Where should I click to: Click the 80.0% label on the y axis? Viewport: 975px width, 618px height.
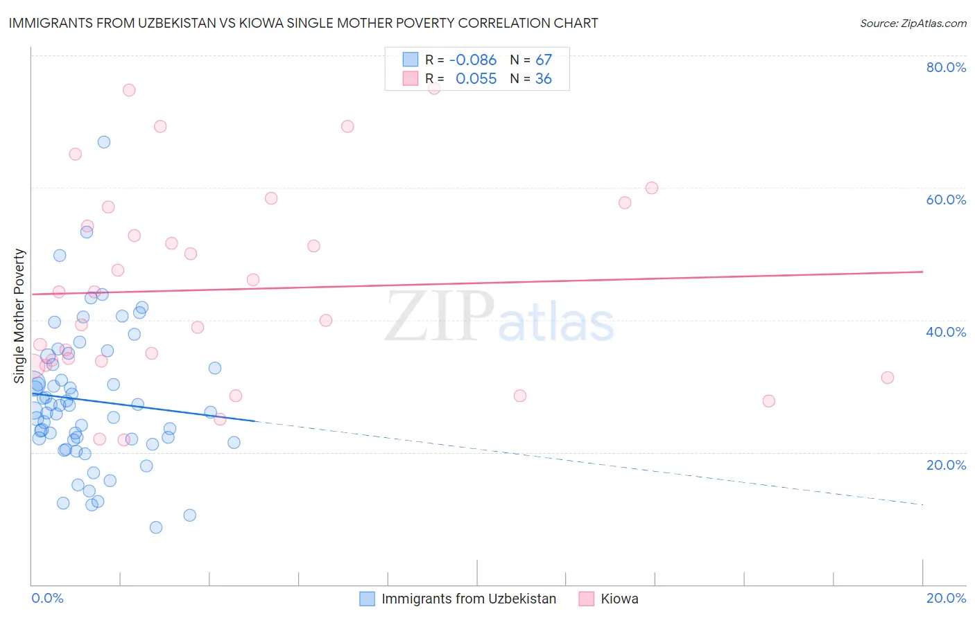coord(946,67)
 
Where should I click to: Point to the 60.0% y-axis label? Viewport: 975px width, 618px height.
coord(946,200)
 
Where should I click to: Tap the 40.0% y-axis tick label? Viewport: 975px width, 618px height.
coord(946,332)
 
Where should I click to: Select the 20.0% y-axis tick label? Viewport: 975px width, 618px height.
coord(946,465)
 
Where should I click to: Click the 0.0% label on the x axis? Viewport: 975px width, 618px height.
coord(47,598)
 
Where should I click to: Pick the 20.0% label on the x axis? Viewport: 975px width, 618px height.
coord(946,598)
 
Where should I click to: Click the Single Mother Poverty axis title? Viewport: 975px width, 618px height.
coord(19,316)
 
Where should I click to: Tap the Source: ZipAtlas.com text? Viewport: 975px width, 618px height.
coord(913,23)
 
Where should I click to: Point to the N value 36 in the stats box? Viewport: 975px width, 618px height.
coord(544,79)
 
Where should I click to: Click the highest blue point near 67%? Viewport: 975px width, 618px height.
coord(104,142)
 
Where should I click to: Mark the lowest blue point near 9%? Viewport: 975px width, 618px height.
coord(156,527)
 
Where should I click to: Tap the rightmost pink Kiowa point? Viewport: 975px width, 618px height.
coord(888,378)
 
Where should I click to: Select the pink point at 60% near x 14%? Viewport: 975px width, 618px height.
coord(652,188)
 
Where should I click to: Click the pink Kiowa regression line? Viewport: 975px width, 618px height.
coord(485,283)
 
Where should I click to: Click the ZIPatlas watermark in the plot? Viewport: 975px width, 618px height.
coord(499,317)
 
